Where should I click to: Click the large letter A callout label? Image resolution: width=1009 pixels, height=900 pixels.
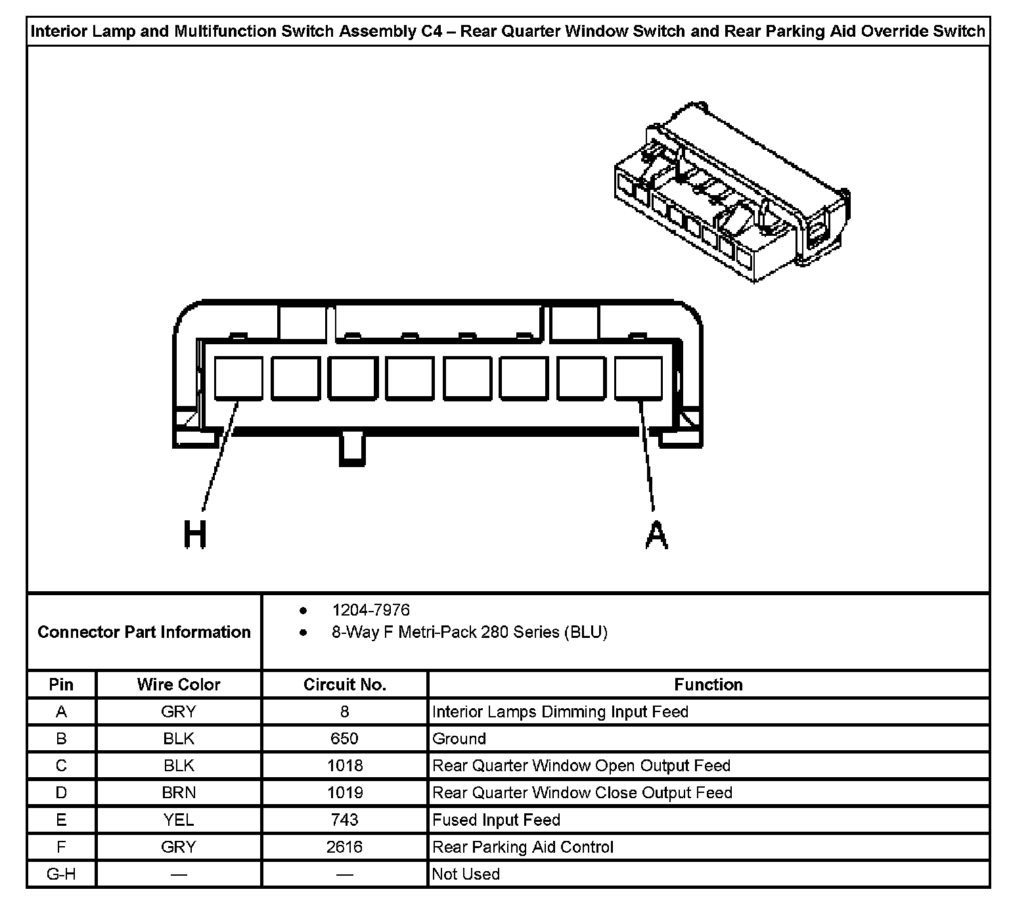point(656,535)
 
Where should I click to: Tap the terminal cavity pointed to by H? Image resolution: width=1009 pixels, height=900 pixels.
point(238,378)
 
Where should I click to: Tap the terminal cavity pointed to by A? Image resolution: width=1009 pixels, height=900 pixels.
point(639,378)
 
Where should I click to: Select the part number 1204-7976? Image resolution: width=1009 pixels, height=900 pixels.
point(370,610)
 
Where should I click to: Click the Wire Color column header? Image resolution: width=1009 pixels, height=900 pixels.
point(179,685)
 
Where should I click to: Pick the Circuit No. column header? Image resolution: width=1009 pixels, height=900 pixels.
point(344,685)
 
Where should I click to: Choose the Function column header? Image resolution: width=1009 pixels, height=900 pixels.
point(708,685)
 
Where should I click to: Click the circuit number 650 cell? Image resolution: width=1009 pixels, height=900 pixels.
point(344,738)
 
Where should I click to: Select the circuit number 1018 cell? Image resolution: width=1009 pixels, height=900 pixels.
point(344,765)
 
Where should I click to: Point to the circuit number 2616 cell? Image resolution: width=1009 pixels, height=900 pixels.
point(344,847)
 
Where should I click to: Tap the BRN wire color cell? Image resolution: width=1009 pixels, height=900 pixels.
point(179,792)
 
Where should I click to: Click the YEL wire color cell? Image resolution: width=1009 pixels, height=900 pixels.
point(179,820)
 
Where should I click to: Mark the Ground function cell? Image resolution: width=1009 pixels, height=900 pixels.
point(459,738)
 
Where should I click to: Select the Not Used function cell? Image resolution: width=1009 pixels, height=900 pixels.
point(466,874)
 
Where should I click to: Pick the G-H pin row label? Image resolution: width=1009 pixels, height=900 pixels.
point(61,874)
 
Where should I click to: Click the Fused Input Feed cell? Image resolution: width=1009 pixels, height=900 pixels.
point(496,820)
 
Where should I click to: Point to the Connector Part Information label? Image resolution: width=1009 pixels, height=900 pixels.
point(144,632)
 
